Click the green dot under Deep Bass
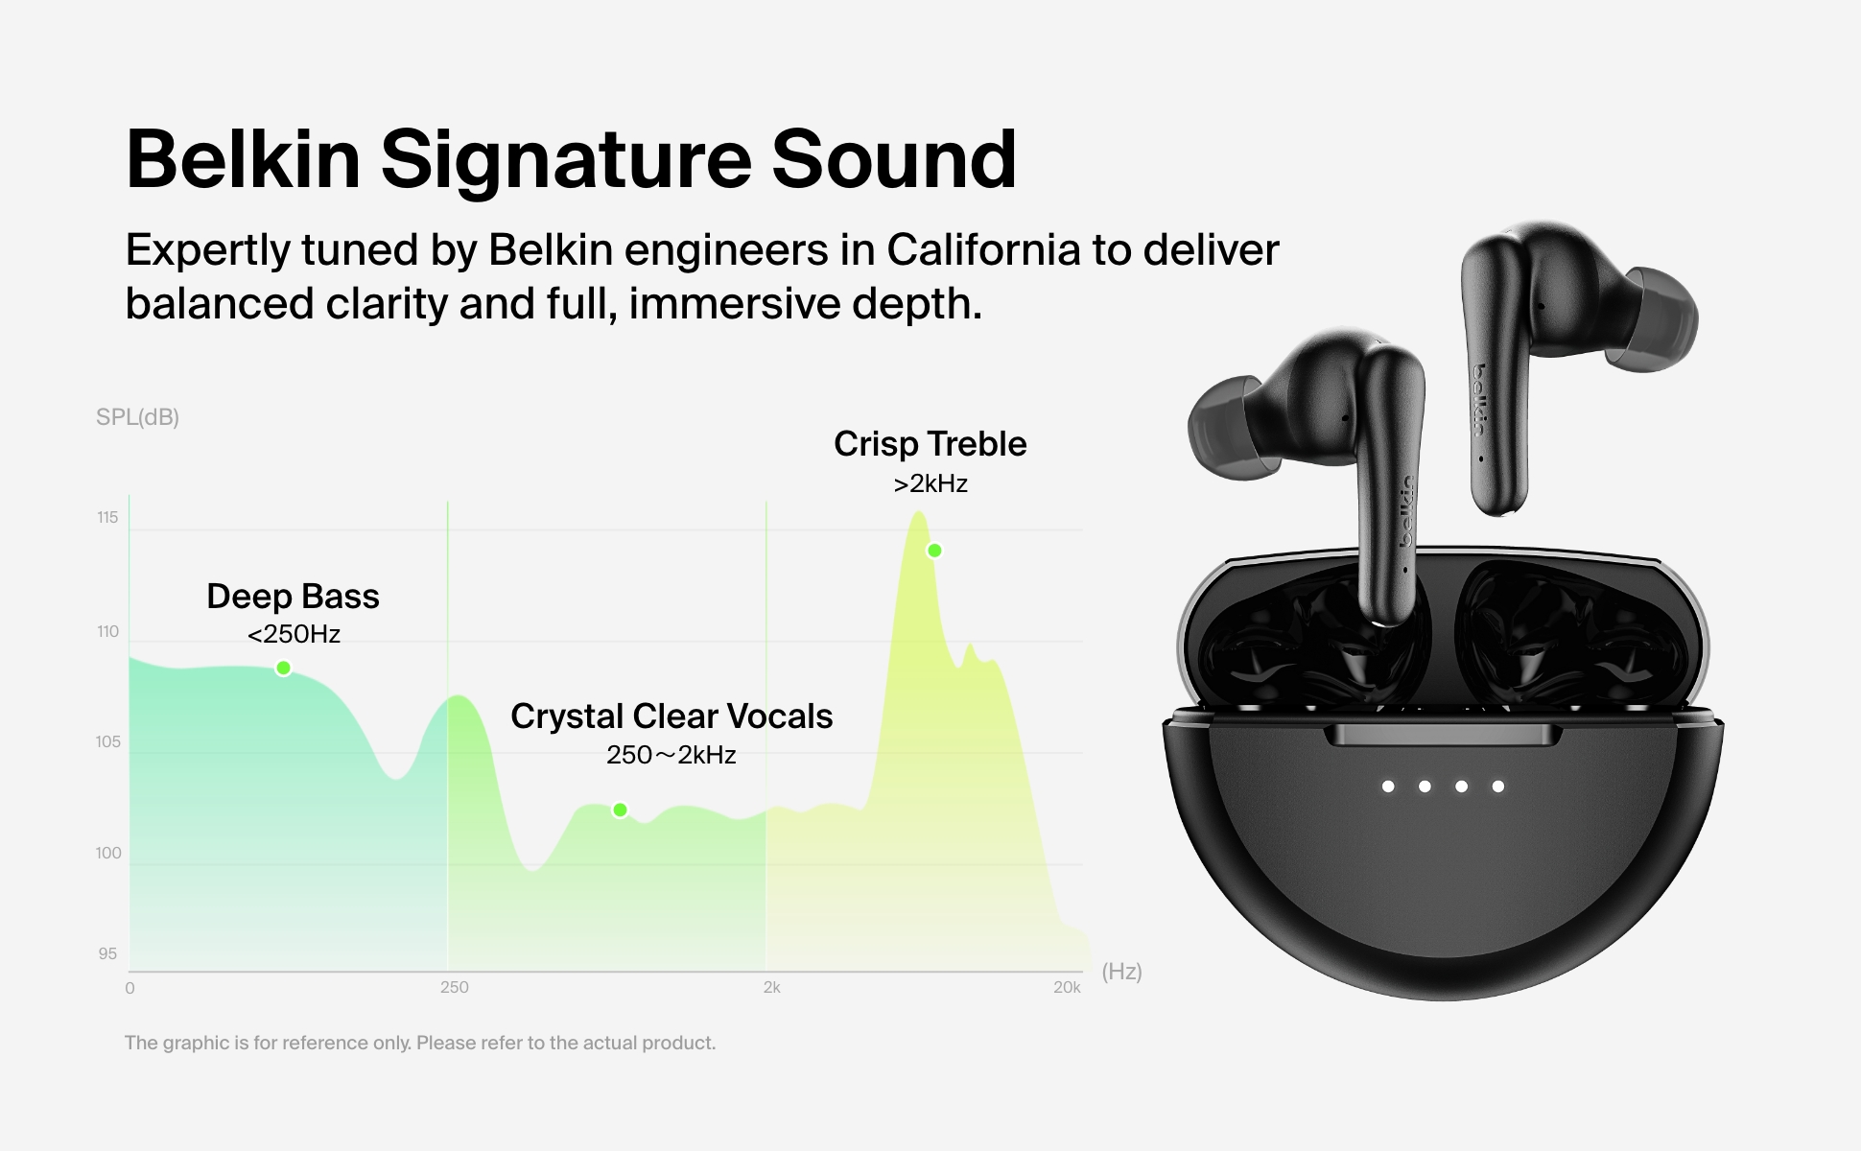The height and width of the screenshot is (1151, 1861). click(x=283, y=668)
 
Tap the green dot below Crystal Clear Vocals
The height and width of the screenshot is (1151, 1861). click(x=620, y=810)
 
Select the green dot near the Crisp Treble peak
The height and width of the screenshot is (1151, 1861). click(x=934, y=551)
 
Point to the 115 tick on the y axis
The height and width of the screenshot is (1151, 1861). click(x=107, y=518)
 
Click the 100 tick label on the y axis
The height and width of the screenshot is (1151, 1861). click(x=108, y=853)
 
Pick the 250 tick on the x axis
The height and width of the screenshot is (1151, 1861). click(x=455, y=987)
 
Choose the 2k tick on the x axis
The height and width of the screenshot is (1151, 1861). click(x=772, y=987)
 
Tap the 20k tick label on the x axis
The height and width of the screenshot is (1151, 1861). click(x=1067, y=987)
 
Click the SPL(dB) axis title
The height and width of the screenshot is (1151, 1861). click(x=137, y=417)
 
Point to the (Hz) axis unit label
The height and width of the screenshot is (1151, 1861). click(x=1121, y=972)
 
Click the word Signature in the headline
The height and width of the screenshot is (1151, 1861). click(x=566, y=160)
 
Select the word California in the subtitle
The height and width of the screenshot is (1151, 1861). click(x=983, y=249)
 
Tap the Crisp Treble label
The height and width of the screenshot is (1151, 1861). click(x=930, y=444)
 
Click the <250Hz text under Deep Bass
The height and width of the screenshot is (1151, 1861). click(x=294, y=634)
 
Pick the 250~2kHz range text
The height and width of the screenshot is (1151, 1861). click(x=671, y=755)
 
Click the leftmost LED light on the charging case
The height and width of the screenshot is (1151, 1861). click(x=1388, y=787)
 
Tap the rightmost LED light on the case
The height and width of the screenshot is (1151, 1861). click(x=1498, y=787)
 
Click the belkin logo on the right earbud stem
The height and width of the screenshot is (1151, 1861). click(x=1481, y=399)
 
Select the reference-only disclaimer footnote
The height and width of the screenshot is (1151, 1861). click(x=420, y=1043)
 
